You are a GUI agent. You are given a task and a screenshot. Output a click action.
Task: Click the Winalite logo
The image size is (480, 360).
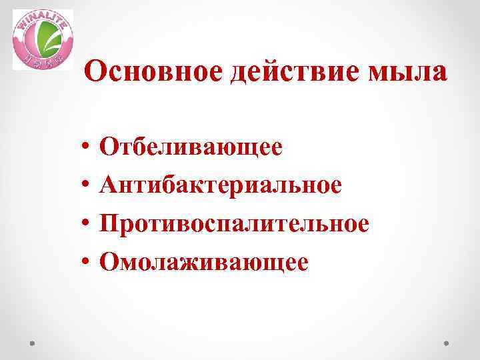pyautogui.click(x=43, y=39)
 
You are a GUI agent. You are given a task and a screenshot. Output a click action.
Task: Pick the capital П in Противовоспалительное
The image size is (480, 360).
pyautogui.click(x=107, y=223)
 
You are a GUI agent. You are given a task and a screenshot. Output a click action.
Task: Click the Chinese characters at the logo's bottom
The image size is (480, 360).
pyautogui.click(x=42, y=61)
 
